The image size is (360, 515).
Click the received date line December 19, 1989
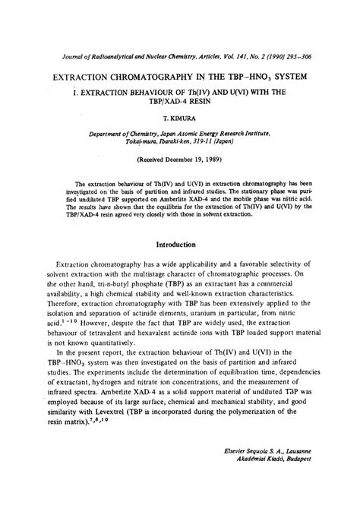178,161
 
